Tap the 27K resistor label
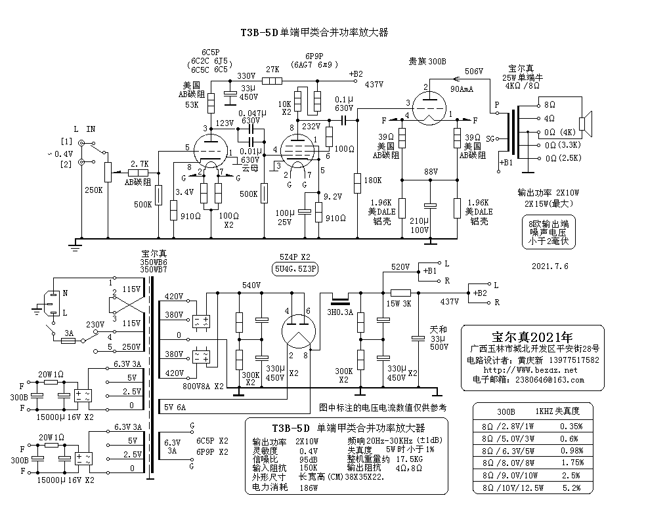(272, 70)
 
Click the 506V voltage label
(473, 71)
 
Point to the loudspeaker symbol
(587, 122)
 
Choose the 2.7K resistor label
(140, 163)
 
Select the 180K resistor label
(372, 180)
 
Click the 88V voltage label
(431, 171)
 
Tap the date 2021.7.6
(549, 266)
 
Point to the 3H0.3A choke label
(341, 313)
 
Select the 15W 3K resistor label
(399, 304)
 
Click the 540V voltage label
(251, 285)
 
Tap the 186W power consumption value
(309, 488)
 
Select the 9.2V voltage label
(334, 196)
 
